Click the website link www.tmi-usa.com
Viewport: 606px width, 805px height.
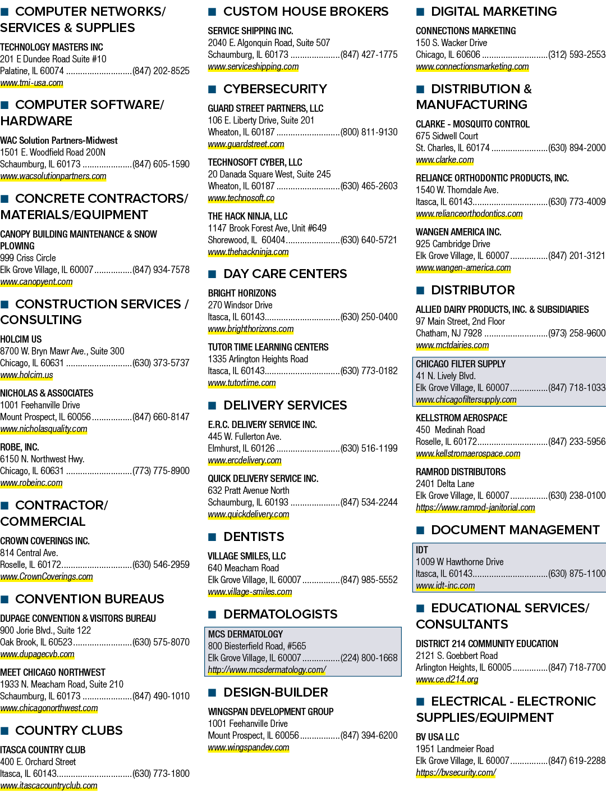coord(31,83)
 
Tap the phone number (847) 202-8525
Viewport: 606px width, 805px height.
coord(160,71)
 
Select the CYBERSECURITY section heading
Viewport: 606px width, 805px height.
coord(275,89)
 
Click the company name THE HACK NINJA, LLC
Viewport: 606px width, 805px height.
coord(247,216)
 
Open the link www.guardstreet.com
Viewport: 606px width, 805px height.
coord(246,144)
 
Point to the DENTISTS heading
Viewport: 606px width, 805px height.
coord(254,536)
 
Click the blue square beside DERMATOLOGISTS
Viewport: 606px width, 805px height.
coord(212,615)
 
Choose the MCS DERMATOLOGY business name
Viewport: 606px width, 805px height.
coord(245,634)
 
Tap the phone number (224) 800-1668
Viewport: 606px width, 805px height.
coord(369,658)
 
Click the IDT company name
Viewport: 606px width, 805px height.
coord(422,550)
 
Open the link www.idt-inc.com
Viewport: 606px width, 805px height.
coord(446,586)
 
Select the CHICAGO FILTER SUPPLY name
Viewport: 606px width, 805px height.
coord(460,364)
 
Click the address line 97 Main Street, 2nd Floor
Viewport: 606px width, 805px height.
coord(460,321)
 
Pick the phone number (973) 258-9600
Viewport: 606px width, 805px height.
coord(577,333)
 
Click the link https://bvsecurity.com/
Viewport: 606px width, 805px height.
coord(456,772)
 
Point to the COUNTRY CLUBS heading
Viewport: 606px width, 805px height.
coord(69,730)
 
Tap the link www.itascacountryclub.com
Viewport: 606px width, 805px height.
coord(49,785)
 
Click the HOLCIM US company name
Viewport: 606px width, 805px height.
coord(21,339)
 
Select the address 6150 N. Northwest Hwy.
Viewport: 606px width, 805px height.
coord(42,459)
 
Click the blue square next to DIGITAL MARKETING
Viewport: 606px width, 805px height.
coord(420,12)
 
